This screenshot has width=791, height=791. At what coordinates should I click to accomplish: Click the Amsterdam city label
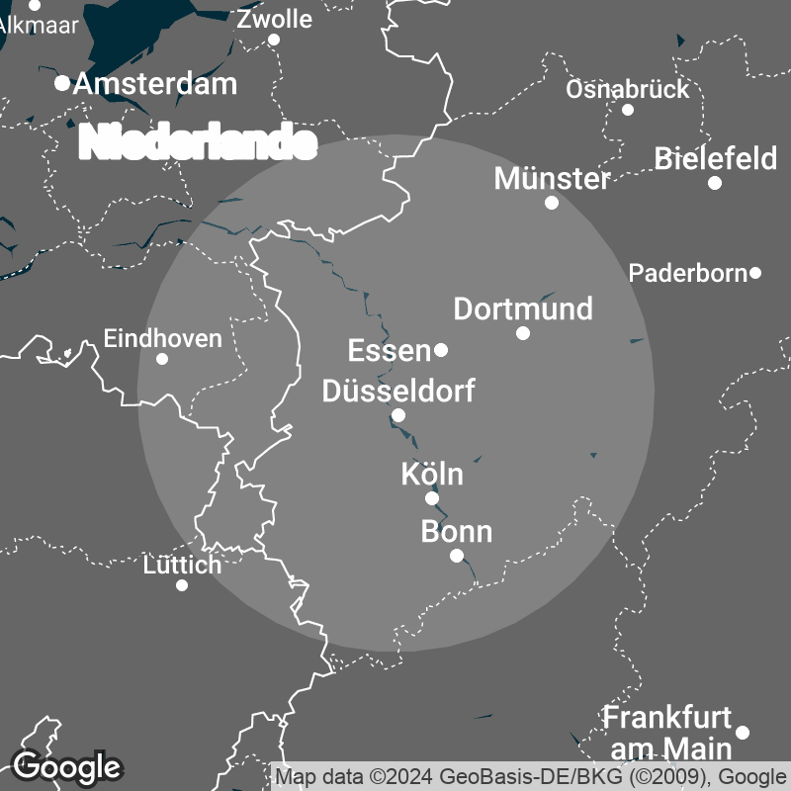(155, 84)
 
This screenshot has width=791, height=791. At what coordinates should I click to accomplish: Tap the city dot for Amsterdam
(62, 83)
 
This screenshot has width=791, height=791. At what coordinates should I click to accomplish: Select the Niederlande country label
(198, 143)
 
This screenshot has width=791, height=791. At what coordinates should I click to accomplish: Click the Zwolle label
(274, 19)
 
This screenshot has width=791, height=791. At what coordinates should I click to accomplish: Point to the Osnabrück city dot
(628, 109)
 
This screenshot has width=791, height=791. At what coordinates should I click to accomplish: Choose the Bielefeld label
(716, 158)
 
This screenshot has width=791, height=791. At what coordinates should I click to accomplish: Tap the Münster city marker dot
(552, 203)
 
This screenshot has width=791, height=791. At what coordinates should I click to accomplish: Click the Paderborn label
(688, 273)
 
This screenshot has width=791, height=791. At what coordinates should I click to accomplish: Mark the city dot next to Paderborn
(755, 273)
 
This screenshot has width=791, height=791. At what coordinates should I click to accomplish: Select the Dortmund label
(523, 308)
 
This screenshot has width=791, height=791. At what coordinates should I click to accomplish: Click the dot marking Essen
(441, 350)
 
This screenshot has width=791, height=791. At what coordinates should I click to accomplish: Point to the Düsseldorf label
(398, 391)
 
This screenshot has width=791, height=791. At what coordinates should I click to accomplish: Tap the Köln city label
(432, 474)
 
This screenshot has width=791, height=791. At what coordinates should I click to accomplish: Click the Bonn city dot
(456, 556)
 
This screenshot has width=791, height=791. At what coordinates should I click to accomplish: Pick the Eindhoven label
(163, 338)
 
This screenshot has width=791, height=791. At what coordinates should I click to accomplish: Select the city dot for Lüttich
(182, 585)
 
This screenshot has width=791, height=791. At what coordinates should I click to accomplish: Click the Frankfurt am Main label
(668, 731)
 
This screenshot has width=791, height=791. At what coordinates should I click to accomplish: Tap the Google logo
(67, 766)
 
